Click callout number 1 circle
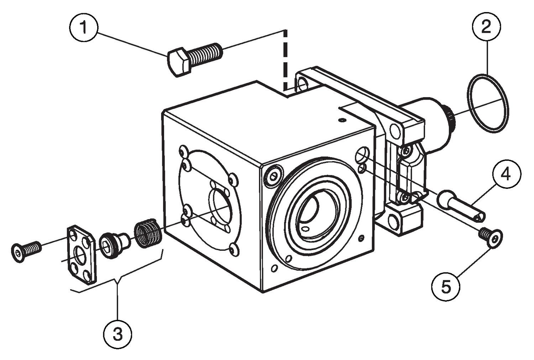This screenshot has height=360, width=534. pyautogui.click(x=84, y=27)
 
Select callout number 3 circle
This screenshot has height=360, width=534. pyautogui.click(x=118, y=334)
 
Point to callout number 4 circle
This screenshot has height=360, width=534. pyautogui.click(x=507, y=174)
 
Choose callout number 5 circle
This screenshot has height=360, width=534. pyautogui.click(x=446, y=286)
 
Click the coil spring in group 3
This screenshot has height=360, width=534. pyautogui.click(x=148, y=234)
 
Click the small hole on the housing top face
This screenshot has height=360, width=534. pyautogui.click(x=342, y=120)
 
